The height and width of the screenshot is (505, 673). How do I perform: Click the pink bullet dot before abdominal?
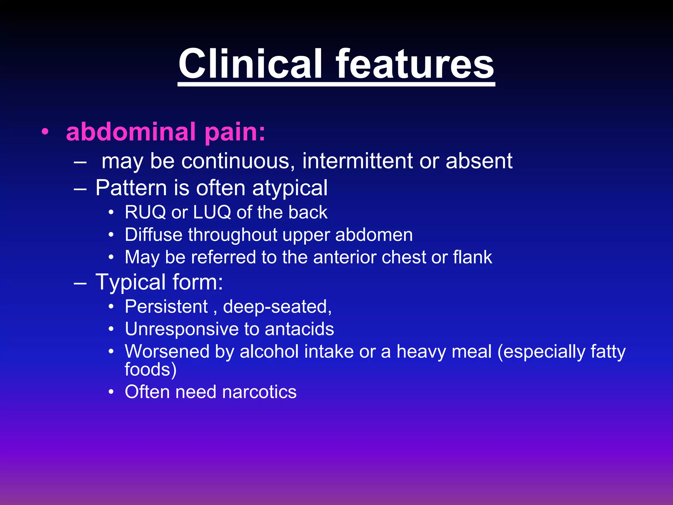tap(45, 132)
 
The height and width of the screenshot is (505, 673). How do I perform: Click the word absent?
tap(479, 161)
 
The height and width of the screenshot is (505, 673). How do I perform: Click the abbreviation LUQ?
tap(212, 212)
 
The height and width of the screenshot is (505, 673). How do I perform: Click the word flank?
tap(473, 257)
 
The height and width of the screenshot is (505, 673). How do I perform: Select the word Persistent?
tap(166, 307)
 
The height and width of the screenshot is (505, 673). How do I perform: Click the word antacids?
tap(299, 329)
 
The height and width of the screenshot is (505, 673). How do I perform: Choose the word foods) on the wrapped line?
tap(151, 369)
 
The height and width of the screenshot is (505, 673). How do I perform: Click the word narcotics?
tap(259, 392)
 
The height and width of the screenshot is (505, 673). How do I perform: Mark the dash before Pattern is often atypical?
tap(80, 189)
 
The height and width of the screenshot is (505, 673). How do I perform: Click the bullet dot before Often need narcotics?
tap(111, 392)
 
